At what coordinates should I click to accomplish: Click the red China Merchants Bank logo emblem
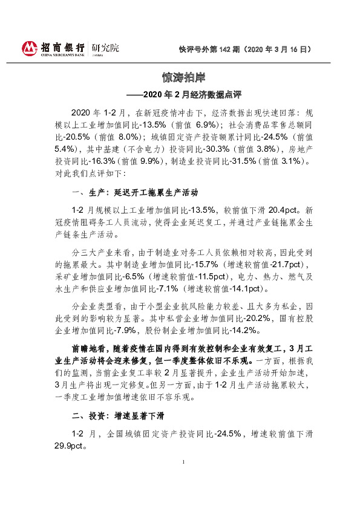pyautogui.click(x=30, y=48)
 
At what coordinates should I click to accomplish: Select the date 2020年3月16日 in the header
pyautogui.click(x=281, y=50)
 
